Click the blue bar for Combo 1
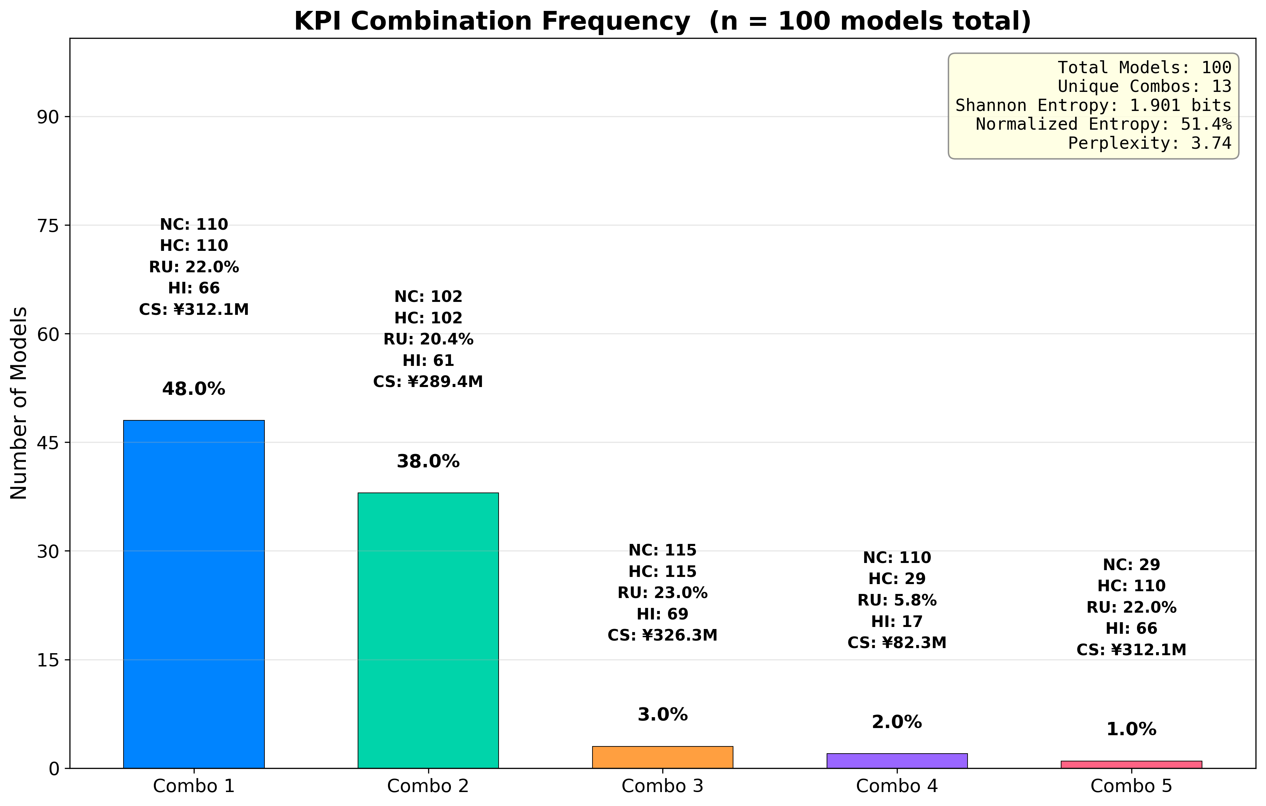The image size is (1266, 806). click(194, 594)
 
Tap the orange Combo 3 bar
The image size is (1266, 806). click(663, 758)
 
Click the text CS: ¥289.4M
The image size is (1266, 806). click(428, 382)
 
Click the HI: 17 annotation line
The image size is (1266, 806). click(897, 622)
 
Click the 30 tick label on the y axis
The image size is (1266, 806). click(47, 551)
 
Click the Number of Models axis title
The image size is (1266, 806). click(19, 403)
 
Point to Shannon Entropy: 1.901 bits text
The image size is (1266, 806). click(1093, 106)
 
